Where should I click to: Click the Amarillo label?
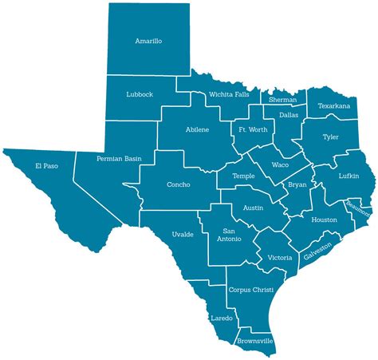tap(148, 40)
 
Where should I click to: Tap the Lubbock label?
tap(140, 94)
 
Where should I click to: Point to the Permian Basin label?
tap(119, 159)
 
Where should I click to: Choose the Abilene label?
tap(197, 129)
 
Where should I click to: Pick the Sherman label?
tap(282, 100)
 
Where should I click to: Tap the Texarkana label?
tap(335, 105)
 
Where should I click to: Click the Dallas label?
tap(289, 115)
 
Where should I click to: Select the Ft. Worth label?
tap(253, 129)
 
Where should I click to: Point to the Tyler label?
tap(330, 136)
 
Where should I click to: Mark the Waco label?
tap(280, 164)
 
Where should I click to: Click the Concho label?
tap(179, 184)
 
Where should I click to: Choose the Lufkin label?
tap(348, 176)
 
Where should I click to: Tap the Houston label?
tap(324, 220)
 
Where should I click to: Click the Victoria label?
tap(280, 258)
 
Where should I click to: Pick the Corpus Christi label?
tap(250, 289)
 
